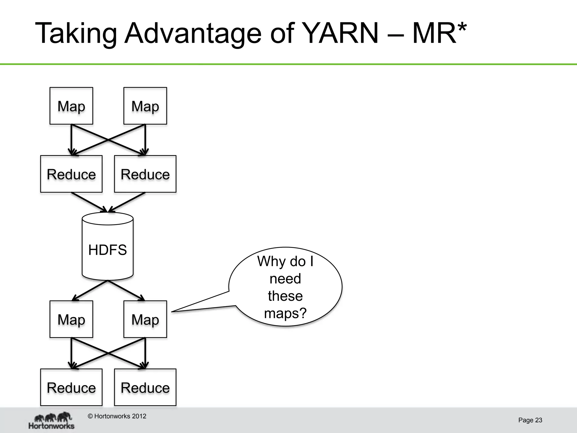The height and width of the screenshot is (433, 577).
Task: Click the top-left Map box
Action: (x=71, y=106)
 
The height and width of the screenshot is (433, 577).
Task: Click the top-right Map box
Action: (x=145, y=106)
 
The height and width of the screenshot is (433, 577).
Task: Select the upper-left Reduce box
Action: (x=71, y=174)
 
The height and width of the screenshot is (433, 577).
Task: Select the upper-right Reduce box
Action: (x=145, y=174)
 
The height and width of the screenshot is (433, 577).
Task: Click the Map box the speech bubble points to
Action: (x=145, y=319)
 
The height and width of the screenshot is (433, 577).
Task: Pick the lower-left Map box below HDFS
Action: (x=71, y=319)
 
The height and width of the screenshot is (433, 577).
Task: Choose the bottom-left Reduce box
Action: (x=71, y=387)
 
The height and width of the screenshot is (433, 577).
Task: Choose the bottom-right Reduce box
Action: (x=145, y=387)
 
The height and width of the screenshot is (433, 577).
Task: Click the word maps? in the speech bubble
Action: (x=285, y=313)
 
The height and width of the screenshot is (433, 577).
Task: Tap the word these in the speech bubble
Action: (x=285, y=296)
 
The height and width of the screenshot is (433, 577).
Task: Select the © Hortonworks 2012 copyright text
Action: (x=117, y=416)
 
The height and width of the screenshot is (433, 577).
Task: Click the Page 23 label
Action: (x=530, y=420)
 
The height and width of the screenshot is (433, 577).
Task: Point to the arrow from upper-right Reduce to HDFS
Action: (x=127, y=202)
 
